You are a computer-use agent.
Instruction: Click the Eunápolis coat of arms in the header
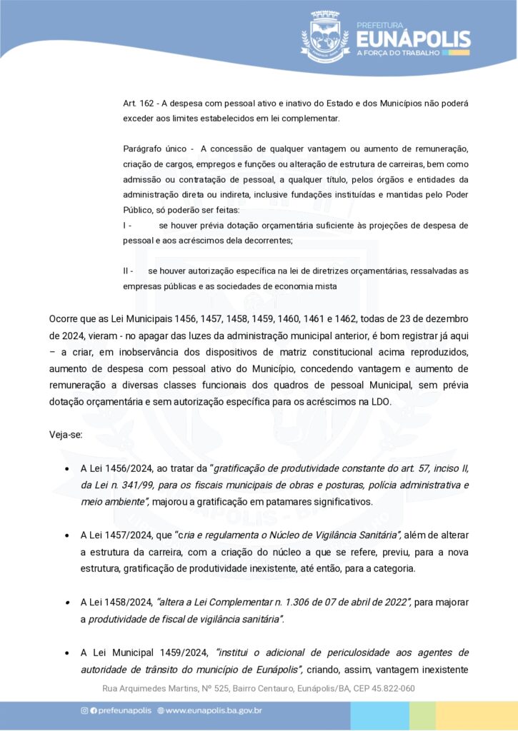click(325, 36)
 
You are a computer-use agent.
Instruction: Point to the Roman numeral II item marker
click(128, 271)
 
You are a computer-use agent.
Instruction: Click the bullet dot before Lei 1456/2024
click(66, 469)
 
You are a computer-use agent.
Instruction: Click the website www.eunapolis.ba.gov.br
click(214, 710)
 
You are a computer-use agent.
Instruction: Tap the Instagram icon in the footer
click(84, 710)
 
